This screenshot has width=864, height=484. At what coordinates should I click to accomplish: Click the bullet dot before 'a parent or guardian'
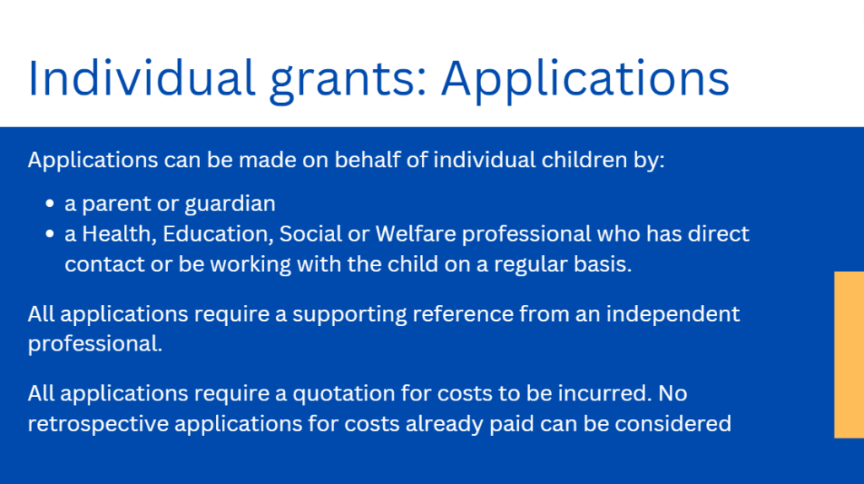pyautogui.click(x=50, y=204)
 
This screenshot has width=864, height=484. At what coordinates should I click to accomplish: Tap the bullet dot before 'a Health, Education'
pyautogui.click(x=50, y=234)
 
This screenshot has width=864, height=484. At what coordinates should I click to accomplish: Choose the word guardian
pyautogui.click(x=229, y=204)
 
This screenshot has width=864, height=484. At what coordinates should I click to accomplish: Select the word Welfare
pyautogui.click(x=416, y=234)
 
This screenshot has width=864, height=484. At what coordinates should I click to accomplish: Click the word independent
pyautogui.click(x=672, y=314)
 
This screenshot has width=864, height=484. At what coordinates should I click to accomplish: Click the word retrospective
pyautogui.click(x=98, y=424)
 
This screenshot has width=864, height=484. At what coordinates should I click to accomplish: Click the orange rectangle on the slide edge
pyautogui.click(x=849, y=354)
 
